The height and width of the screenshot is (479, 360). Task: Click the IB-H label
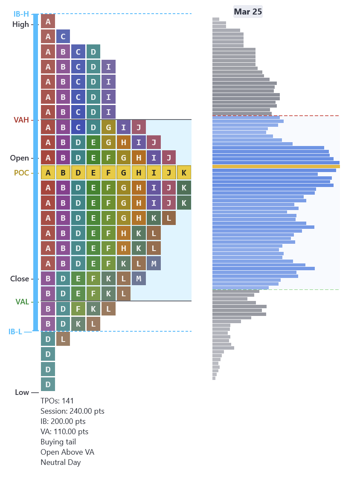pyautogui.click(x=21, y=14)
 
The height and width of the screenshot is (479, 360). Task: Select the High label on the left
pyautogui.click(x=20, y=24)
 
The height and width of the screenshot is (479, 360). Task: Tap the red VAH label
pyautogui.click(x=21, y=120)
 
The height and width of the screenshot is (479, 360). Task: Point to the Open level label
pyautogui.click(x=20, y=158)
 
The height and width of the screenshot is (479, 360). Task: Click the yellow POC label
pyautogui.click(x=21, y=173)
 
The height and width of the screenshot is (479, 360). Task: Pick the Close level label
pyautogui.click(x=20, y=279)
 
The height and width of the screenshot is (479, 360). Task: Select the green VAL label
pyautogui.click(x=22, y=302)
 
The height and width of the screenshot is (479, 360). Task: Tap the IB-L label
pyautogui.click(x=15, y=331)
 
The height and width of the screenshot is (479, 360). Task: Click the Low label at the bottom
pyautogui.click(x=22, y=392)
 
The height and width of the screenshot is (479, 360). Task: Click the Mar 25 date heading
pyautogui.click(x=248, y=12)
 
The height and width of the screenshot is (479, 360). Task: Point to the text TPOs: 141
pyautogui.click(x=57, y=401)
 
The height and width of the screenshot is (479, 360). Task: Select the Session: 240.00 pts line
pyautogui.click(x=73, y=411)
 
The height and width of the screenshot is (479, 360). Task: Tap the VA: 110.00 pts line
pyautogui.click(x=64, y=432)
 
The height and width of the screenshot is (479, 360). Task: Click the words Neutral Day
pyautogui.click(x=61, y=462)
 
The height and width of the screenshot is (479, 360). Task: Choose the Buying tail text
pyautogui.click(x=58, y=442)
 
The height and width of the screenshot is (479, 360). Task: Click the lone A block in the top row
pyautogui.click(x=48, y=21)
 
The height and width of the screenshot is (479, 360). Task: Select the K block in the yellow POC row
pyautogui.click(x=184, y=173)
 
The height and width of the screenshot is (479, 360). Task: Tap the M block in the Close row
pyautogui.click(x=139, y=278)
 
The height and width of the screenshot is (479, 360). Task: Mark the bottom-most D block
pyautogui.click(x=48, y=384)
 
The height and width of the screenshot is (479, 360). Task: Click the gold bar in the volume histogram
pyautogui.click(x=276, y=166)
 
